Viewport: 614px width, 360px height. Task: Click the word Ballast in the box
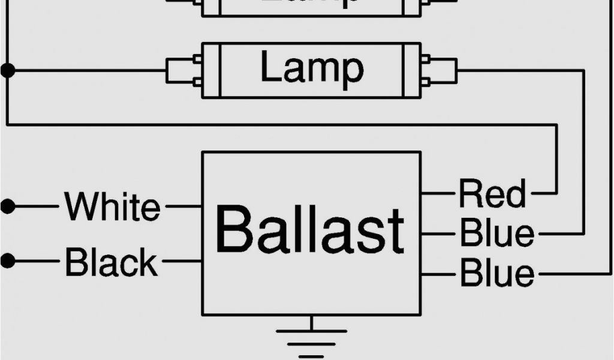coord(309,230)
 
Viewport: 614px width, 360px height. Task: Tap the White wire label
coord(113,206)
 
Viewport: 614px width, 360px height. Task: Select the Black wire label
coord(112,262)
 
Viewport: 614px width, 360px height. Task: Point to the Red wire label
coord(492,194)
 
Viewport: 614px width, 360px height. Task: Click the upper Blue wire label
coord(496,233)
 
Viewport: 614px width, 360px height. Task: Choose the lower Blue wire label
coord(496,274)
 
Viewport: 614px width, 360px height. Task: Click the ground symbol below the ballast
coord(311,343)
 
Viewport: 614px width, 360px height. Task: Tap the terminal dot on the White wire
coord(7,206)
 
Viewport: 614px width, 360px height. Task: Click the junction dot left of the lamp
coord(7,70)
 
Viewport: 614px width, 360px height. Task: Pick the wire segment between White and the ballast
coord(183,206)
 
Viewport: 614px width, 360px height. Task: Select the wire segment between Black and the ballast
coord(182,262)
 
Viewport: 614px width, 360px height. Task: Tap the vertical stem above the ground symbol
coord(311,322)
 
